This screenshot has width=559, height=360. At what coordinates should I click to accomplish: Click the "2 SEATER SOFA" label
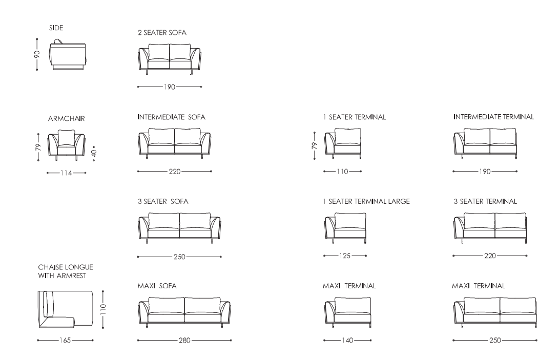point(162,32)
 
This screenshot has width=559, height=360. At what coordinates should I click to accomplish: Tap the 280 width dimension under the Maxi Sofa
point(184,341)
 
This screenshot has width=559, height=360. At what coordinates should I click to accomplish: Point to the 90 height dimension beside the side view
point(37,54)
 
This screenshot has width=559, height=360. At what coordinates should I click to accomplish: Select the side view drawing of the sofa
point(68,54)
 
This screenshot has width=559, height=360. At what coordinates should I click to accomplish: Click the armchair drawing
point(66,145)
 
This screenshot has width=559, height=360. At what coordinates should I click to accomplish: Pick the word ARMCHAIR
point(66,119)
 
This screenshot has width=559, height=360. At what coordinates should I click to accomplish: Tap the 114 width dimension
point(66,173)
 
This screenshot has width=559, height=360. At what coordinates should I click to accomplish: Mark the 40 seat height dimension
point(94,153)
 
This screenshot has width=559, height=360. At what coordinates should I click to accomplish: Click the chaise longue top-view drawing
point(66,309)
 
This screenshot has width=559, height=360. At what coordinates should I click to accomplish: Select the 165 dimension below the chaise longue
point(65,341)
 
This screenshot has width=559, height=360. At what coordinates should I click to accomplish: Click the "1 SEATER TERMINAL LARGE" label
point(366,201)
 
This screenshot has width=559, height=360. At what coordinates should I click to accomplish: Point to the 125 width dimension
point(345,256)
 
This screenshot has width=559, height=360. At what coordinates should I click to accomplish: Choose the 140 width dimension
point(347,341)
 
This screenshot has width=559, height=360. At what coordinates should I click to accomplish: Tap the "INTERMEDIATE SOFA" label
point(172,117)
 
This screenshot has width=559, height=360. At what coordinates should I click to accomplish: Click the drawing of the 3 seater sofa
point(179,228)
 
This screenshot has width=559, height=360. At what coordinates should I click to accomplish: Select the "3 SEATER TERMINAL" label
point(485,201)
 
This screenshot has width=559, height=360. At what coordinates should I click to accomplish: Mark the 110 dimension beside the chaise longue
point(103,309)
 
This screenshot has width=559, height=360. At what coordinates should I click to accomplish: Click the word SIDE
point(56,28)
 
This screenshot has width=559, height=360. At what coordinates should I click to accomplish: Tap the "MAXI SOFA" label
point(157,286)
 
